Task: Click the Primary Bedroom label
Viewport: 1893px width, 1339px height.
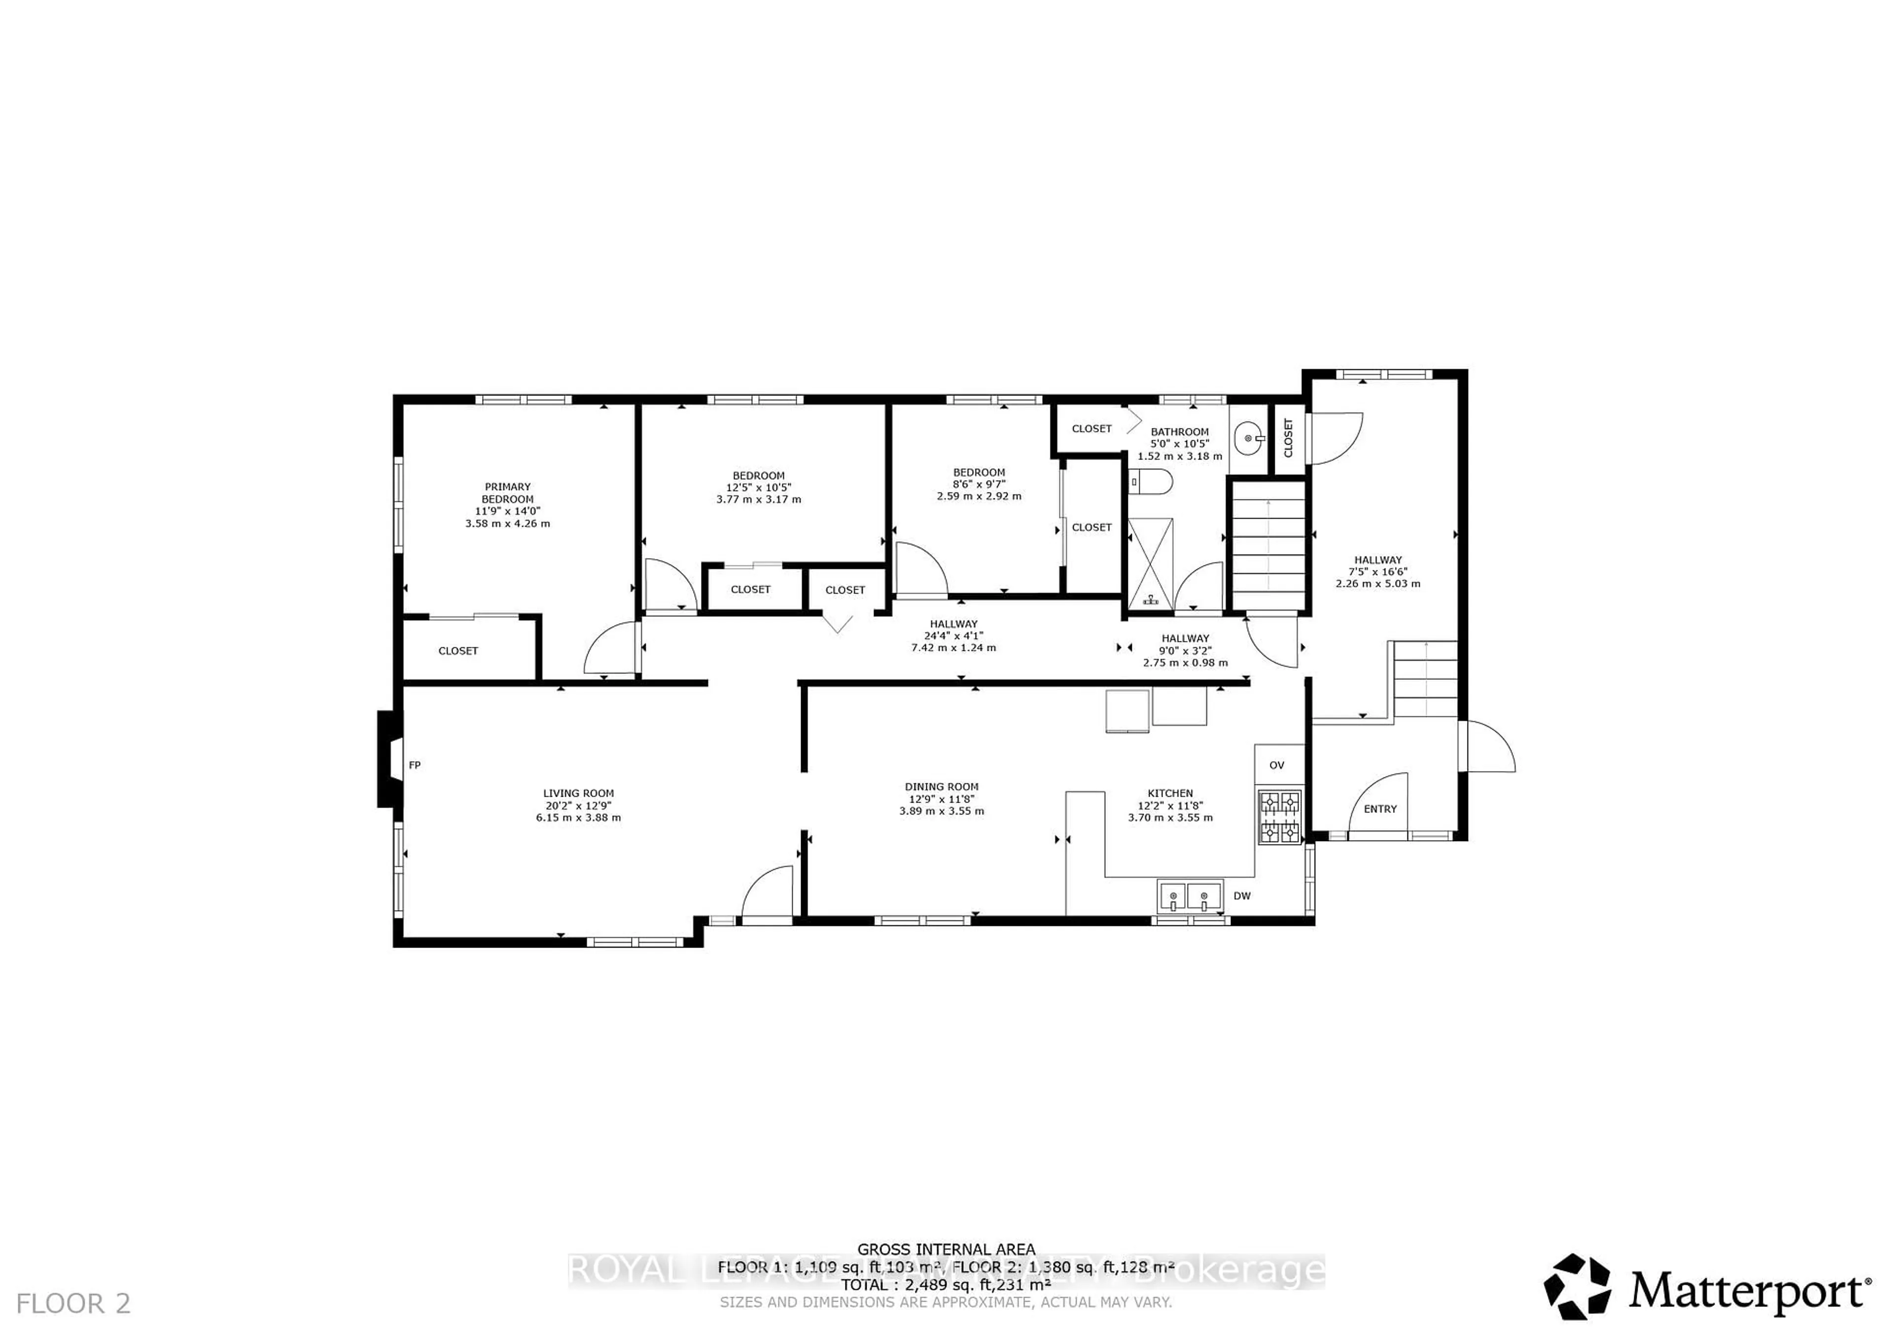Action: click(507, 493)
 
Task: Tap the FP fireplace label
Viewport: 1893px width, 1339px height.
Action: click(415, 765)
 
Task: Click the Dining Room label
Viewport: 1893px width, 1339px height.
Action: click(942, 786)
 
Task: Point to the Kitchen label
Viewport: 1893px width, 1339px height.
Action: click(1170, 793)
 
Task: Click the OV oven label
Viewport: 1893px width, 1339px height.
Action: click(1276, 765)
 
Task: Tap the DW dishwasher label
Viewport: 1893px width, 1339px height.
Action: click(1242, 895)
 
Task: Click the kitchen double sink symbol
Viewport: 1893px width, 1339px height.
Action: click(1189, 895)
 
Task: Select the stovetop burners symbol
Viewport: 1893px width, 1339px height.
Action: click(1279, 816)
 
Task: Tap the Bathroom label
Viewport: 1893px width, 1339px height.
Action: click(1179, 431)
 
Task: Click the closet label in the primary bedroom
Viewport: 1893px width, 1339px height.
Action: click(457, 651)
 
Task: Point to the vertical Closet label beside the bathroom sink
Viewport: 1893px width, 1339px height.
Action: click(1289, 438)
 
